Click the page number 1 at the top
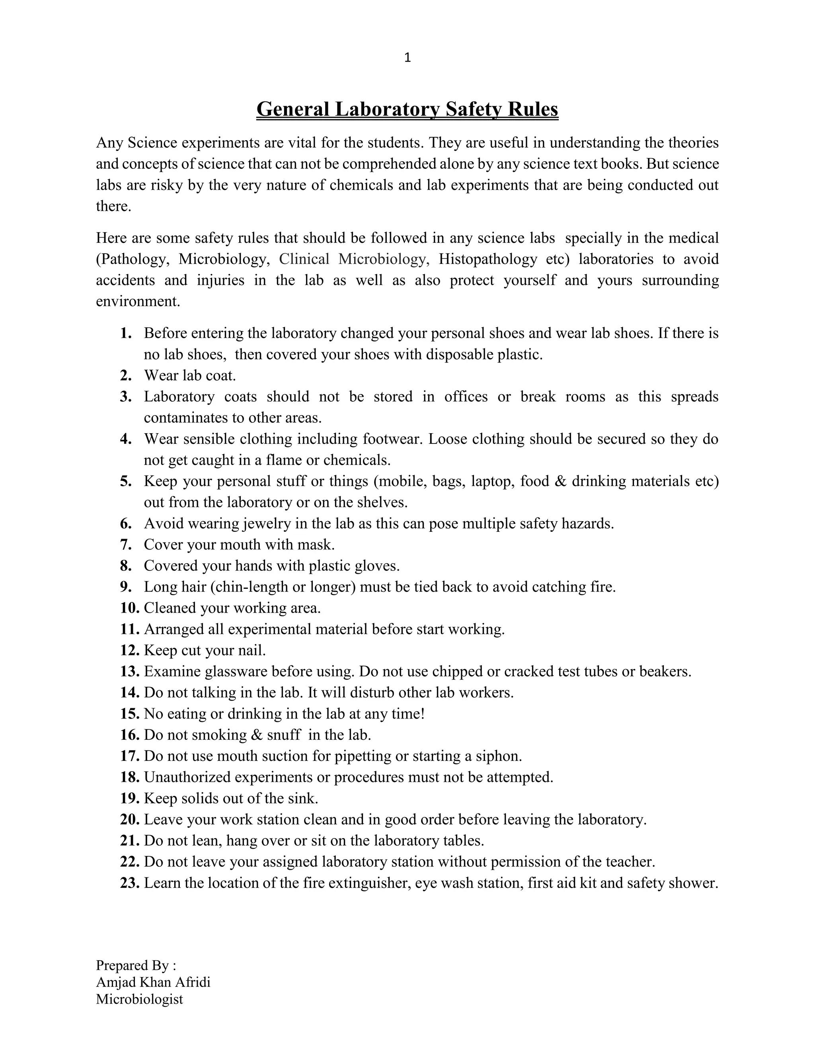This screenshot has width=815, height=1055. (407, 58)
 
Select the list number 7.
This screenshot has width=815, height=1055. (126, 545)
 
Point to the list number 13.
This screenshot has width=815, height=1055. (129, 672)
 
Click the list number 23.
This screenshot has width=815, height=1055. (129, 883)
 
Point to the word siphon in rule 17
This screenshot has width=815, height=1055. (500, 756)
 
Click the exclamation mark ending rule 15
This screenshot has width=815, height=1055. (423, 714)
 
